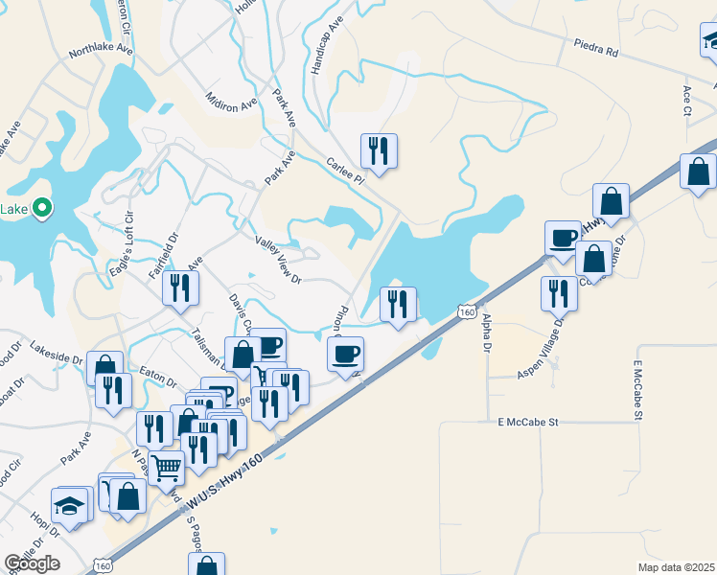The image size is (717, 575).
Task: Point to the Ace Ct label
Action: [687, 99]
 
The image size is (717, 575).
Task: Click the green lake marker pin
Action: [41, 207]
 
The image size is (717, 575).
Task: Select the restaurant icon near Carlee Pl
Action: [378, 150]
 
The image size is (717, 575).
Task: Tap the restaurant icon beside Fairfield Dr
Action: [179, 287]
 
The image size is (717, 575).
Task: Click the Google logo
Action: [32, 563]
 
